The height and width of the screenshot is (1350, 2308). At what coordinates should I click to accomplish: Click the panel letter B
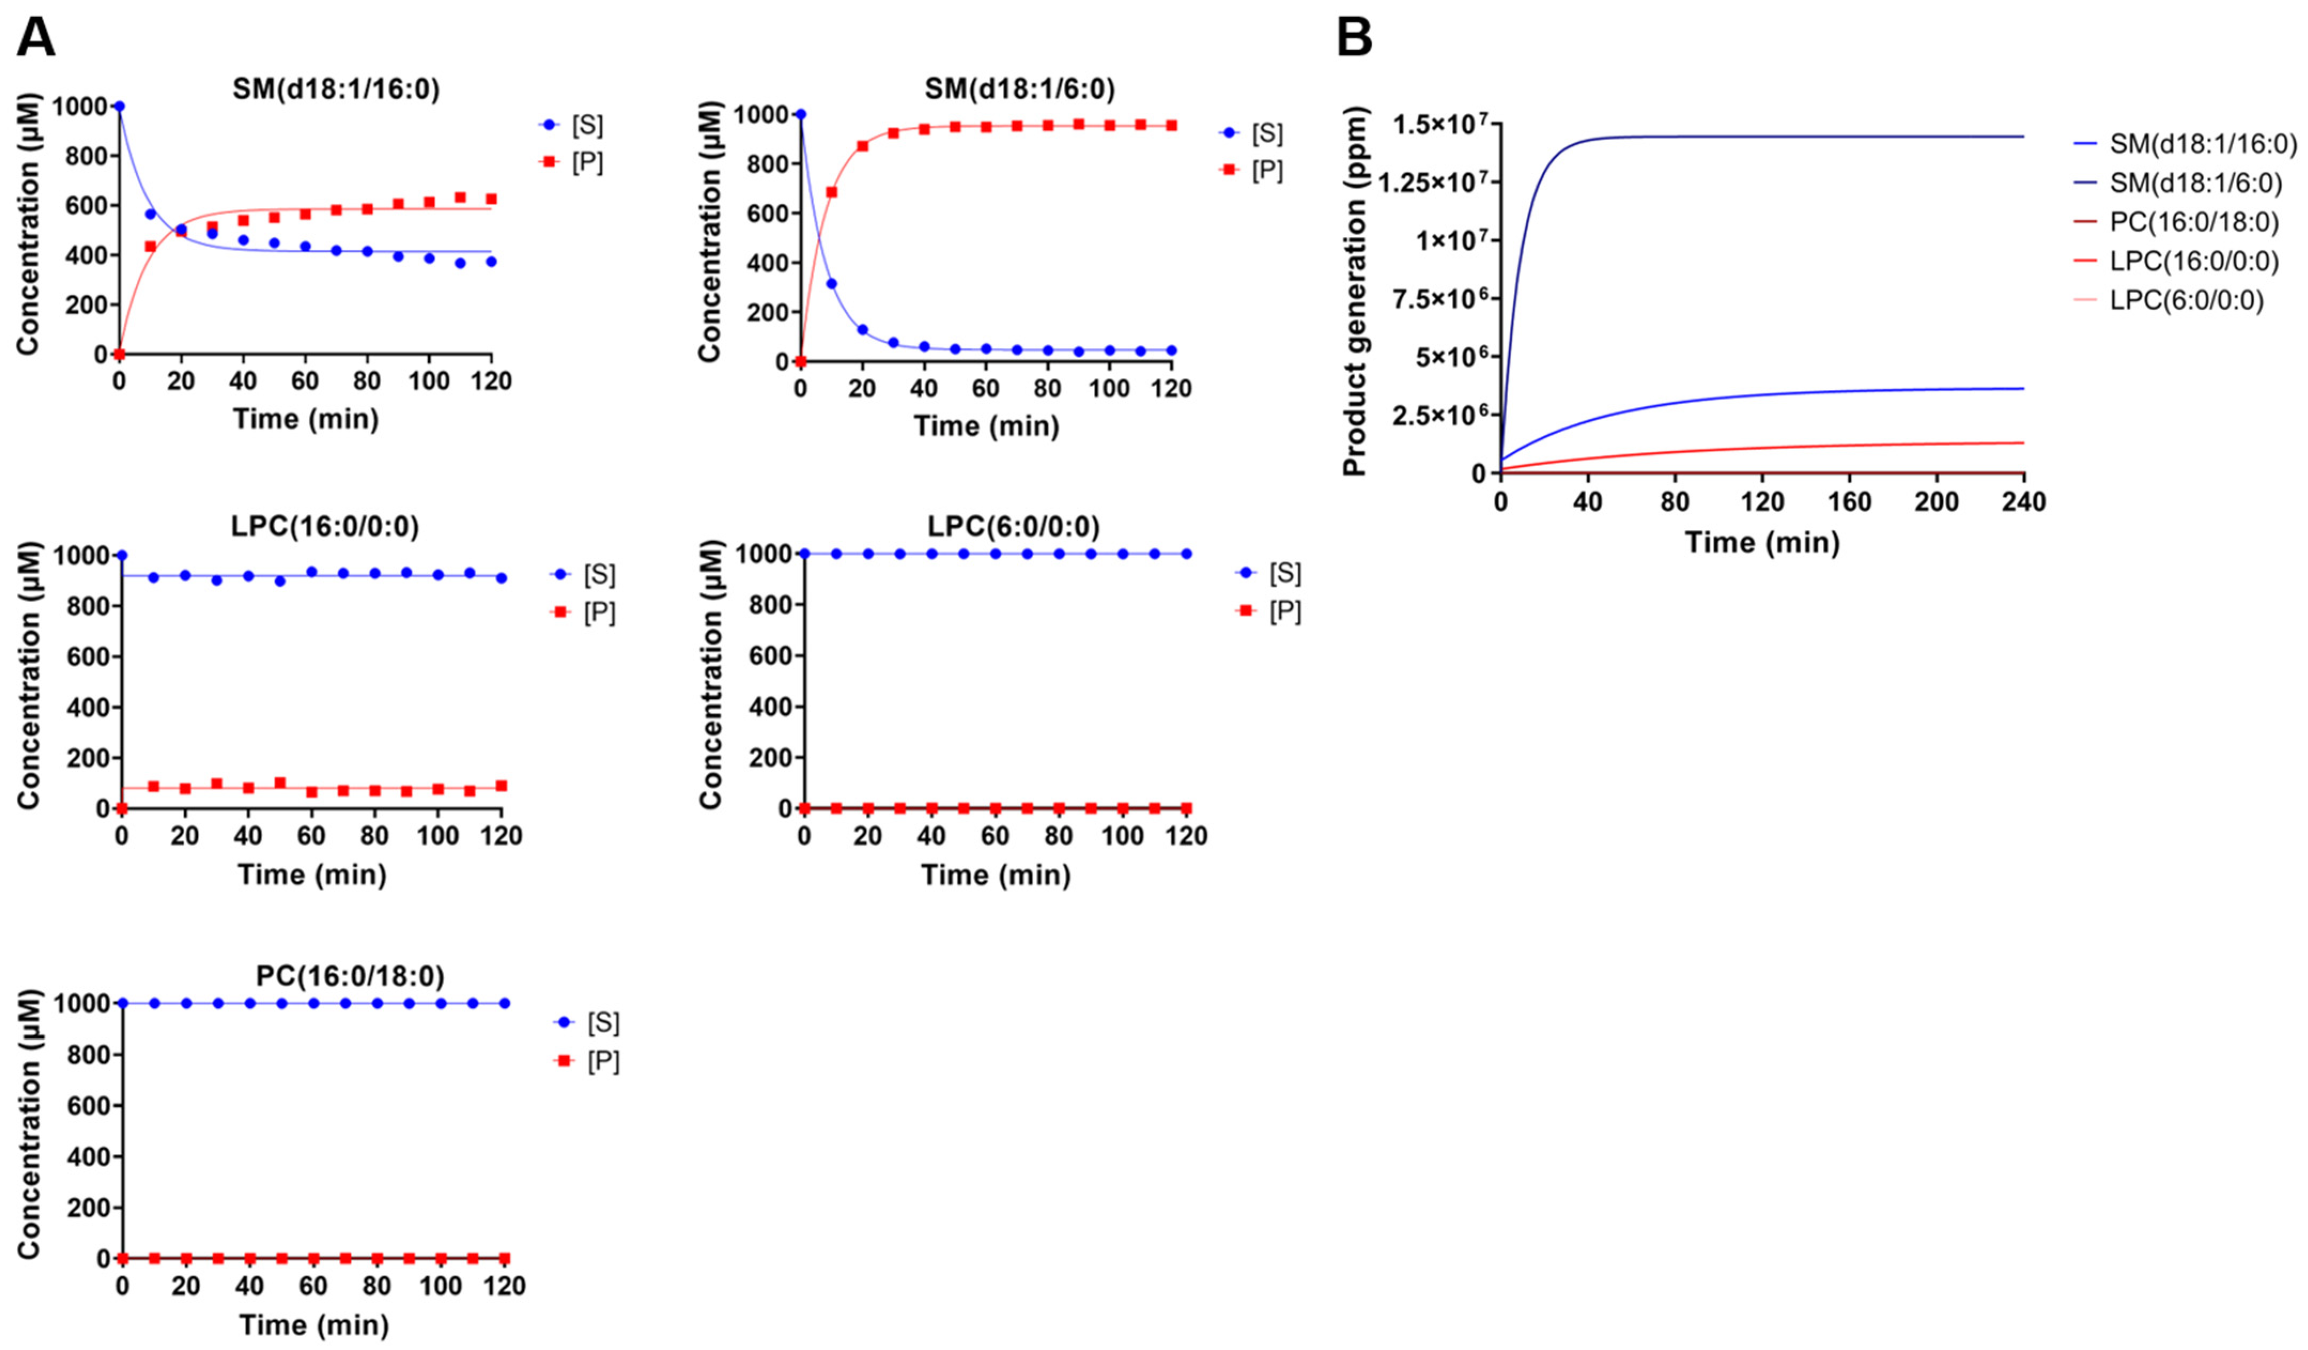click(1355, 38)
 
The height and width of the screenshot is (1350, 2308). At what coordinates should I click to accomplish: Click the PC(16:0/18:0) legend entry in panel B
click(2194, 222)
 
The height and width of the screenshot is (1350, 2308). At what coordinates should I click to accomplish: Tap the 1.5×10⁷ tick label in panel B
click(1436, 124)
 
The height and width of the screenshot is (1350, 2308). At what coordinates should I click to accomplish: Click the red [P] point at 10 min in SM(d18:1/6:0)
click(831, 192)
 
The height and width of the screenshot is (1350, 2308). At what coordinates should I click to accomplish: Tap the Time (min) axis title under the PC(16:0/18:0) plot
click(314, 1324)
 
